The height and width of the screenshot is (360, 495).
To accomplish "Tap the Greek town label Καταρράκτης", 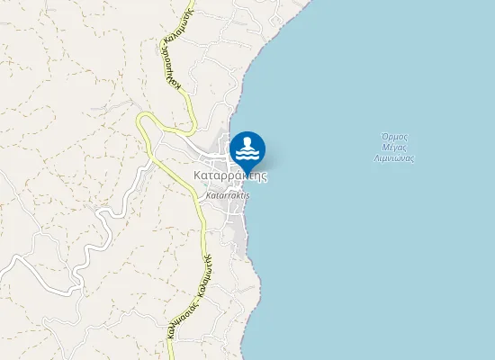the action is [x=230, y=175].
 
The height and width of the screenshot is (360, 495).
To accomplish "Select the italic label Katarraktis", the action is [x=227, y=194].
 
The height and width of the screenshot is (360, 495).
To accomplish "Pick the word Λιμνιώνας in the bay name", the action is [x=393, y=157].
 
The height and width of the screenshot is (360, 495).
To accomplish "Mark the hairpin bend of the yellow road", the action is [x=143, y=121].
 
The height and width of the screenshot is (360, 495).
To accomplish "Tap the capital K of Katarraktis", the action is [x=209, y=194].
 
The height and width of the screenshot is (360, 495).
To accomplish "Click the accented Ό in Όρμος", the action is [x=382, y=138].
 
